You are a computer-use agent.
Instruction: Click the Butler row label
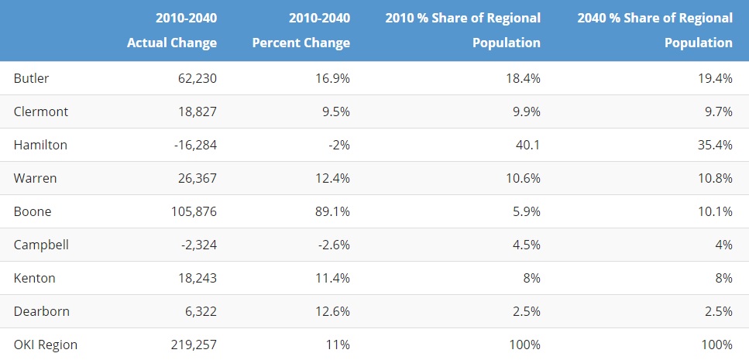[x=31, y=78]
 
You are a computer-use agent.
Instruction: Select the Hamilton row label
[x=40, y=145]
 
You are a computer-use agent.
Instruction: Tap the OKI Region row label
[x=46, y=345]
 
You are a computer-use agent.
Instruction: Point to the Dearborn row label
[x=42, y=311]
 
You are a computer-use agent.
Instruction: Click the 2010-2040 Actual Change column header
[x=172, y=30]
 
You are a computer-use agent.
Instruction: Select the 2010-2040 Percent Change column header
[x=301, y=30]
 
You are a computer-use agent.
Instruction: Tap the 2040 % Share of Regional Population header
[x=655, y=30]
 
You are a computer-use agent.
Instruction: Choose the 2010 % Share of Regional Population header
[x=463, y=30]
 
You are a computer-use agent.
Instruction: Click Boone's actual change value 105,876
[x=194, y=211]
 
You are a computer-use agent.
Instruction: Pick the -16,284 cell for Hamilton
[x=196, y=145]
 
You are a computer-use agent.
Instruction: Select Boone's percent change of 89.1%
[x=332, y=211]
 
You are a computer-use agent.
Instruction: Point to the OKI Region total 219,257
[x=194, y=345]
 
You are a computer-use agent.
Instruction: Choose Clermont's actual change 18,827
[x=197, y=111]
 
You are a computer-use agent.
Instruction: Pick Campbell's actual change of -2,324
[x=199, y=245]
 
